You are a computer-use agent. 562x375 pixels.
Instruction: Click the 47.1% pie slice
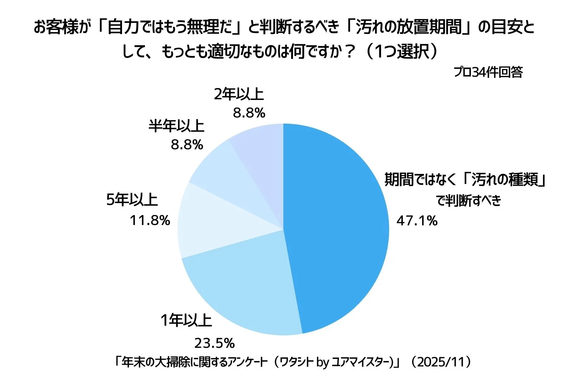click(x=335, y=229)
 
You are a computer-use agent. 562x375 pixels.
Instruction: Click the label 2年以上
click(x=239, y=94)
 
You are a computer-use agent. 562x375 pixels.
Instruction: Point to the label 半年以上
click(x=176, y=126)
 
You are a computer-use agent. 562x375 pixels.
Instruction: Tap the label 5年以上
click(x=132, y=199)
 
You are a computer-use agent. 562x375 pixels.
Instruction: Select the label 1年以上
click(x=186, y=320)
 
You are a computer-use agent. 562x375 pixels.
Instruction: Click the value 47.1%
click(x=417, y=221)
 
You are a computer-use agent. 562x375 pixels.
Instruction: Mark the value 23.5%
click(x=214, y=343)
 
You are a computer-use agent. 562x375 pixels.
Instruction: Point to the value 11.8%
click(x=150, y=220)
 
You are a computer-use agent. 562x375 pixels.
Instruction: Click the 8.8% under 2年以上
click(x=249, y=113)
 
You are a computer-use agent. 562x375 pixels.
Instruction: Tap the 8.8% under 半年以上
click(x=187, y=145)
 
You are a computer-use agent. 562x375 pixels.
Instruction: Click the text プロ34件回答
click(x=488, y=72)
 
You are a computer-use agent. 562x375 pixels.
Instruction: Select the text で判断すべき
click(x=469, y=200)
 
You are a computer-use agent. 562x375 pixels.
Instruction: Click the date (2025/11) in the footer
click(x=441, y=362)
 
